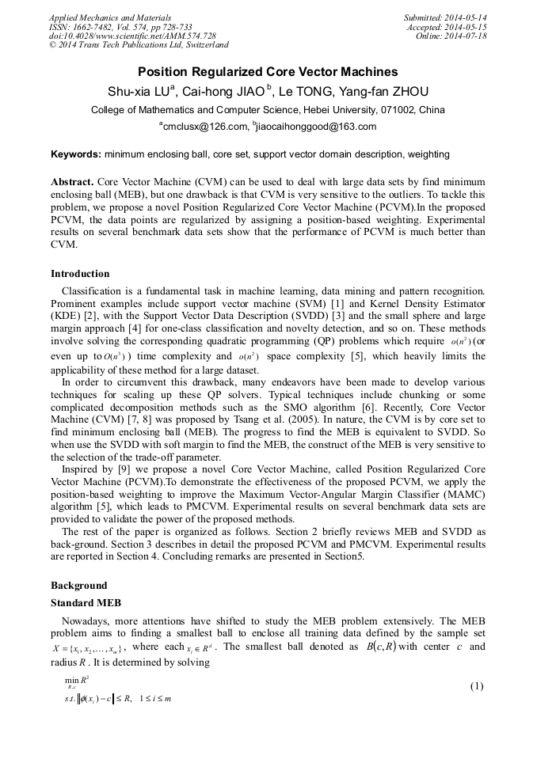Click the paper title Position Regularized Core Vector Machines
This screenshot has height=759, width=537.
pyautogui.click(x=268, y=72)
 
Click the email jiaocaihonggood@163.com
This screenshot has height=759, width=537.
pyautogui.click(x=316, y=127)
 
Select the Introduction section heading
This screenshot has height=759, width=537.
pyautogui.click(x=80, y=274)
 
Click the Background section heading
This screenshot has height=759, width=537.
pyautogui.click(x=78, y=586)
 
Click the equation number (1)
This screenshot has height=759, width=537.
pyautogui.click(x=476, y=685)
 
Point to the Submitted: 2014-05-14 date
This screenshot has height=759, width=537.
pyautogui.click(x=445, y=17)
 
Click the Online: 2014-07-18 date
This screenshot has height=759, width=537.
pyautogui.click(x=451, y=36)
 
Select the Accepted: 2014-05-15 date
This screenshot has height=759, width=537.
pyautogui.click(x=447, y=27)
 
